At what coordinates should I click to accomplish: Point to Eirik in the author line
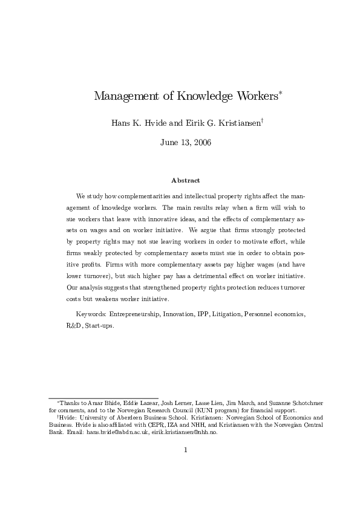click(x=188, y=123)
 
